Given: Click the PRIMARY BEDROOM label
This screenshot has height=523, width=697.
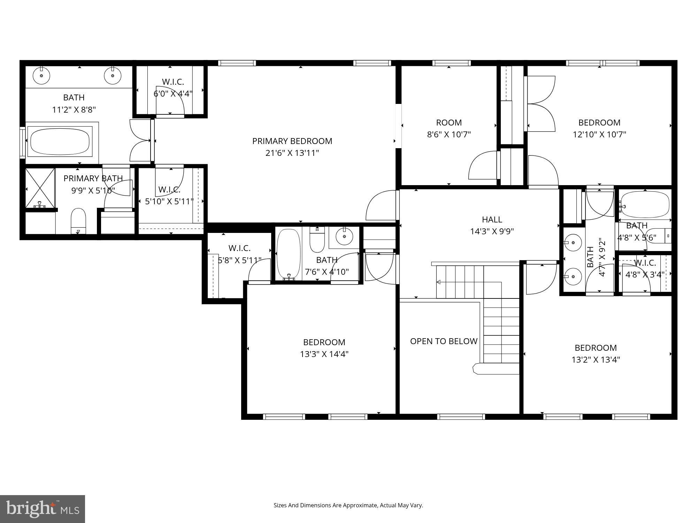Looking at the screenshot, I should (x=292, y=141).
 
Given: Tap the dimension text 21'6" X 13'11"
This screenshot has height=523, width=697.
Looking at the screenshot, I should (x=292, y=153).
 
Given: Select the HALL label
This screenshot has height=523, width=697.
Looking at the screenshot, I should (x=492, y=219).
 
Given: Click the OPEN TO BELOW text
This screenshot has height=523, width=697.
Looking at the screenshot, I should (x=443, y=341).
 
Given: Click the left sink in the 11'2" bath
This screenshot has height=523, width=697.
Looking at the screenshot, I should (x=41, y=75).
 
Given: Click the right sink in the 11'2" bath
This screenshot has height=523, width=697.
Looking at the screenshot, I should (x=113, y=75).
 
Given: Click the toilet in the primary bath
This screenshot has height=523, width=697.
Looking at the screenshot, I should (x=78, y=221).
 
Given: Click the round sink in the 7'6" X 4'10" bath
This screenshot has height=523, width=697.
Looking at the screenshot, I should (x=344, y=237).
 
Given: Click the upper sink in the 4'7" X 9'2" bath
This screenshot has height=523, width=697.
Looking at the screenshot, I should (x=573, y=242).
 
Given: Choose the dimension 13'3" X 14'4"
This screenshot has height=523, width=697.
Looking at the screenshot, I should (x=324, y=354).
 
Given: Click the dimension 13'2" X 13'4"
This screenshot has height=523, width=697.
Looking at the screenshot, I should (x=596, y=359).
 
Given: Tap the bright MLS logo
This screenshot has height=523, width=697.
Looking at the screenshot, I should (x=43, y=509).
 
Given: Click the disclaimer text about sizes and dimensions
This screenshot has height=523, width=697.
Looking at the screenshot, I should (x=348, y=505).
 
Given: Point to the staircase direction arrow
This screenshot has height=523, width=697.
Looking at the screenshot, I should (x=438, y=282).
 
